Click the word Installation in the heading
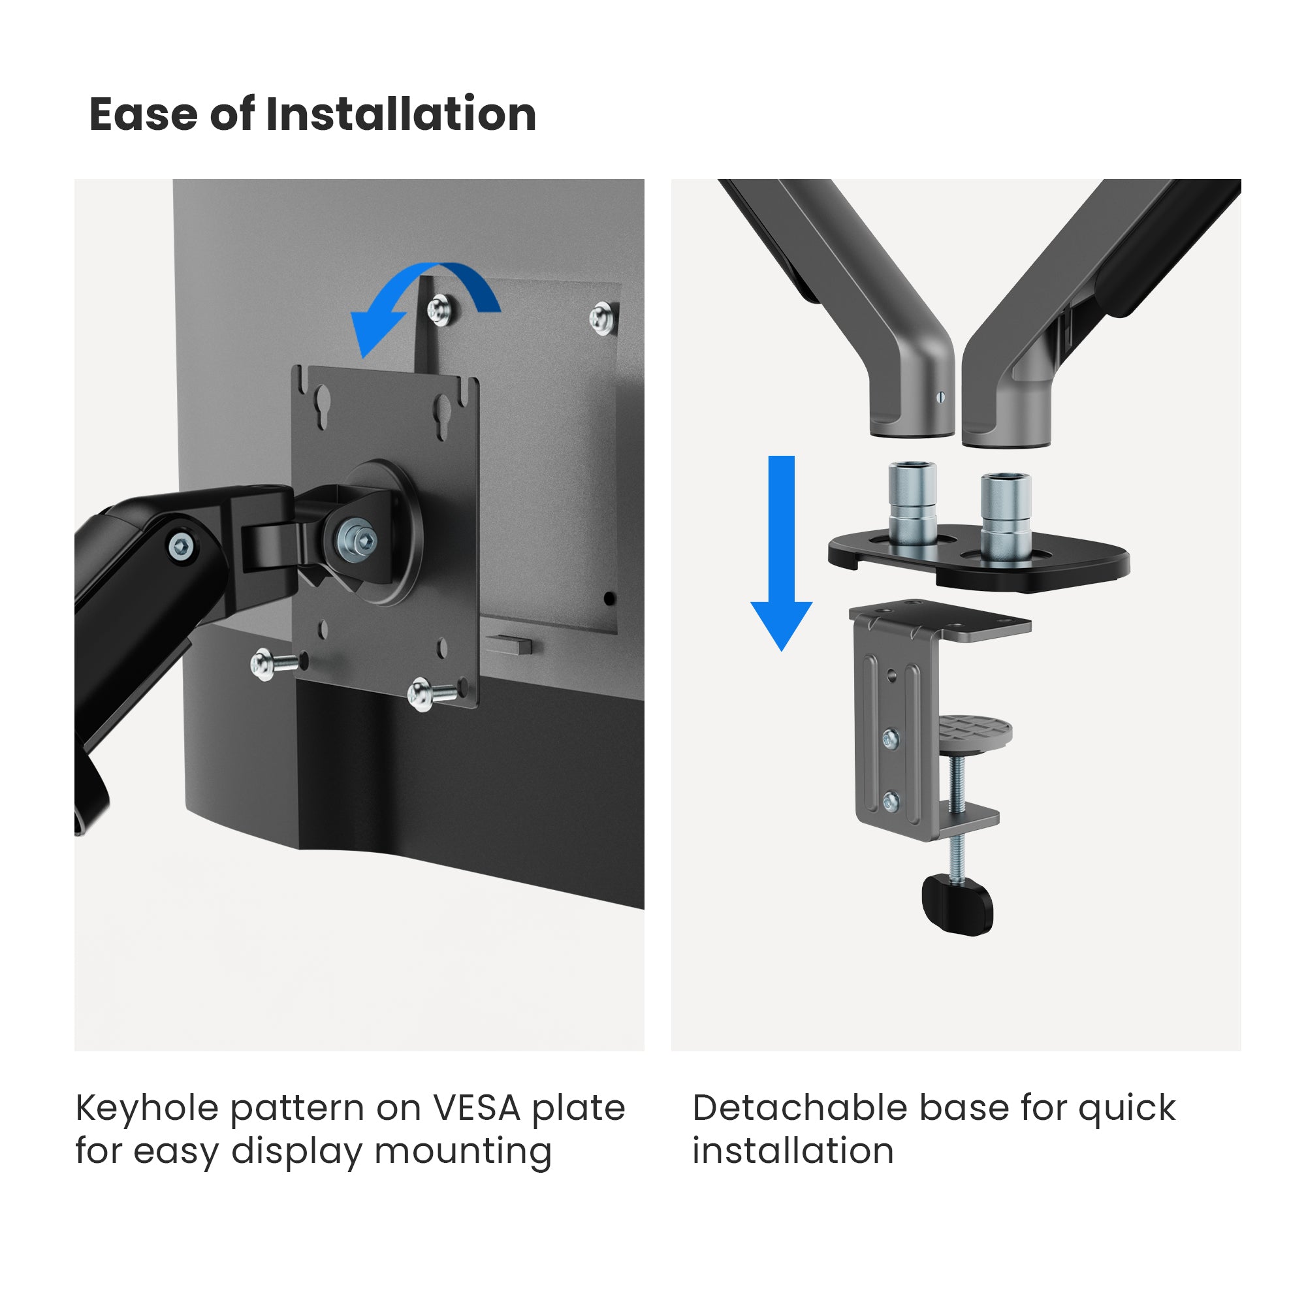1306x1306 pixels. point(401,114)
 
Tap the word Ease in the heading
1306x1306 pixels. point(144,114)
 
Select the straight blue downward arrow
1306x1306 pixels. point(782,553)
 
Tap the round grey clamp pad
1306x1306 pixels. point(974,733)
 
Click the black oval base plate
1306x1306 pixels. point(979,558)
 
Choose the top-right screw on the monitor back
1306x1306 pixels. point(601,319)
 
